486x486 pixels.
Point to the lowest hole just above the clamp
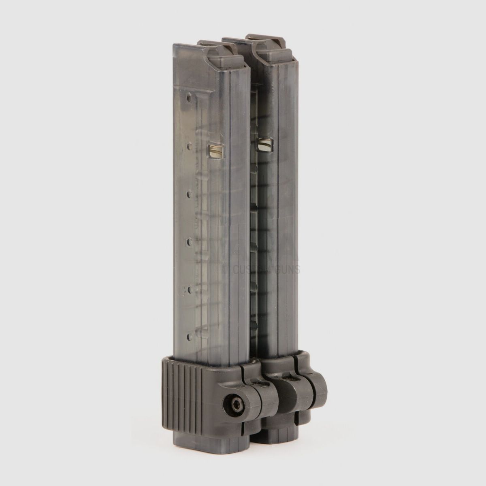(189, 336)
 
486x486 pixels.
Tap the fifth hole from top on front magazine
(189, 290)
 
